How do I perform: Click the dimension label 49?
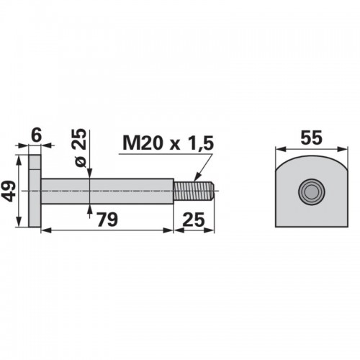[x=9, y=192]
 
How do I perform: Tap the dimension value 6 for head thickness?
[x=37, y=135]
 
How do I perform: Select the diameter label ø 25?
[x=80, y=147]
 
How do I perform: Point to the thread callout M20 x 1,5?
[x=168, y=143]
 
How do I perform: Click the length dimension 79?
[x=107, y=219]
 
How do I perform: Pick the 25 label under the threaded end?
[x=194, y=220]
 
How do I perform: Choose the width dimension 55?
[x=311, y=138]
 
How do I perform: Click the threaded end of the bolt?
[x=194, y=192]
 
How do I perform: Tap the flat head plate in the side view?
[x=35, y=191]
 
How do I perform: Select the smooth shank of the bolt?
[x=107, y=192]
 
